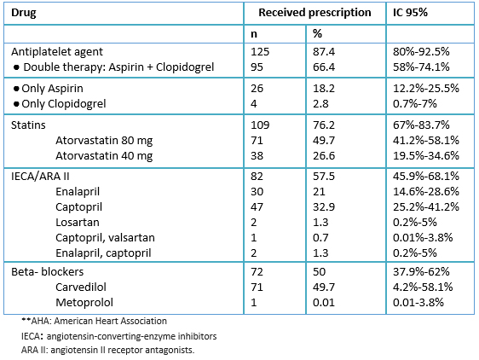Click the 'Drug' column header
pyautogui.click(x=24, y=13)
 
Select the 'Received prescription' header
pyautogui.click(x=315, y=13)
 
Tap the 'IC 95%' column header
pyautogui.click(x=410, y=13)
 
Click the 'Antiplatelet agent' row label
pyautogui.click(x=57, y=52)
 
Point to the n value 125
pyautogui.click(x=260, y=52)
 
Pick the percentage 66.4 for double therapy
pyautogui.click(x=324, y=67)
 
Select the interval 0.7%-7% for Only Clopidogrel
pyautogui.click(x=415, y=104)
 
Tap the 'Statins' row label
pyautogui.click(x=28, y=125)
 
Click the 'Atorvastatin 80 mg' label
pyautogui.click(x=104, y=141)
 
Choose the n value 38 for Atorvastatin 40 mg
pyautogui.click(x=257, y=155)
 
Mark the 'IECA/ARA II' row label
pyautogui.click(x=40, y=177)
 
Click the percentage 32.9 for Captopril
pyautogui.click(x=324, y=207)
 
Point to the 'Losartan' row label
pyautogui.click(x=78, y=223)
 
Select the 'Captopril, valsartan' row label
pyautogui.click(x=105, y=238)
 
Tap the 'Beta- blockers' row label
pyautogui.click(x=48, y=271)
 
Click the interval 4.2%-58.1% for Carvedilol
pyautogui.click(x=423, y=287)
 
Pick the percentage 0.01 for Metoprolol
pyautogui.click(x=324, y=303)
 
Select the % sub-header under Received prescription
pyautogui.click(x=317, y=33)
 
